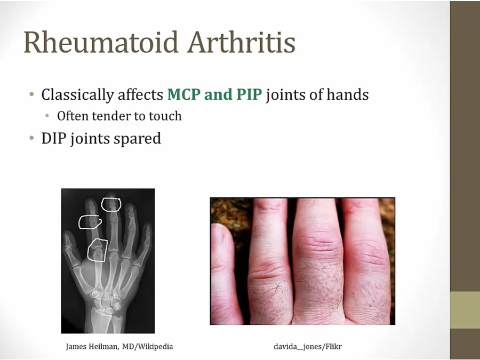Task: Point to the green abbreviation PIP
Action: (247, 95)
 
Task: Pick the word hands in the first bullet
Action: (347, 95)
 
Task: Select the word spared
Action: (137, 139)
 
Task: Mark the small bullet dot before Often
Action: (49, 116)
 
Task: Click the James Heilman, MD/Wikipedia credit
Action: (119, 346)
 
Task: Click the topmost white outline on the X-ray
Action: (111, 204)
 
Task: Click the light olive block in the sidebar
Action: (465, 310)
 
